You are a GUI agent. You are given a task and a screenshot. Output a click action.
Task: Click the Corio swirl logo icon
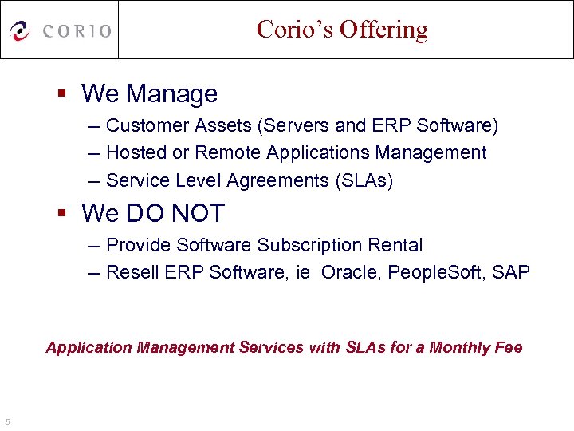point(20,30)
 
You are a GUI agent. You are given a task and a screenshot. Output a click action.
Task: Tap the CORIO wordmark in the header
point(77,31)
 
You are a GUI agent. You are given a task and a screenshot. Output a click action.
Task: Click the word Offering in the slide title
point(383,30)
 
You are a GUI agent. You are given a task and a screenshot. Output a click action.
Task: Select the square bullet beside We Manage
point(63,93)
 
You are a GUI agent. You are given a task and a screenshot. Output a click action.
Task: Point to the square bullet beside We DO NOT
point(63,213)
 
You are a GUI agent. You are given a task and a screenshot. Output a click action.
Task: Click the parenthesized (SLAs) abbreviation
point(363,180)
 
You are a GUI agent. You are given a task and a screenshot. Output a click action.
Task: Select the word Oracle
point(351,272)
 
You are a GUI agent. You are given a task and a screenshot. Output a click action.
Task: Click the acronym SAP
point(510,272)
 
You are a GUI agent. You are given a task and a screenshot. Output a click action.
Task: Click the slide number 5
point(6,421)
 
